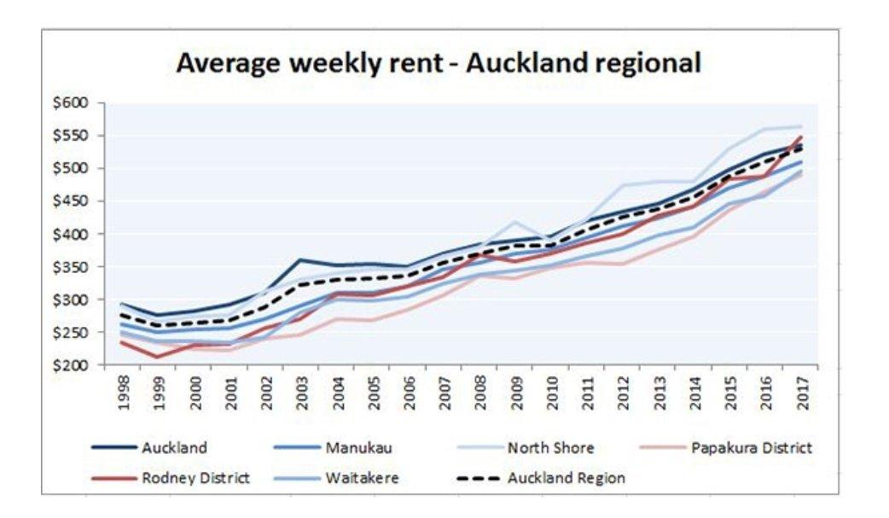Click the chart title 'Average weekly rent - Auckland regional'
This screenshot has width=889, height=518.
(439, 63)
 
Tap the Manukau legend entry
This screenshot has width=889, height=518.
(353, 448)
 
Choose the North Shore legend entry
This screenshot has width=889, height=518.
(550, 448)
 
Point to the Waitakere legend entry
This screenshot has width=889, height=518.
(361, 478)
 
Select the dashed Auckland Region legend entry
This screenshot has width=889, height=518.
(566, 478)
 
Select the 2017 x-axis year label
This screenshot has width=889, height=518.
(803, 392)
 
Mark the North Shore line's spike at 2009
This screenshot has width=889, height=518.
(515, 222)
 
